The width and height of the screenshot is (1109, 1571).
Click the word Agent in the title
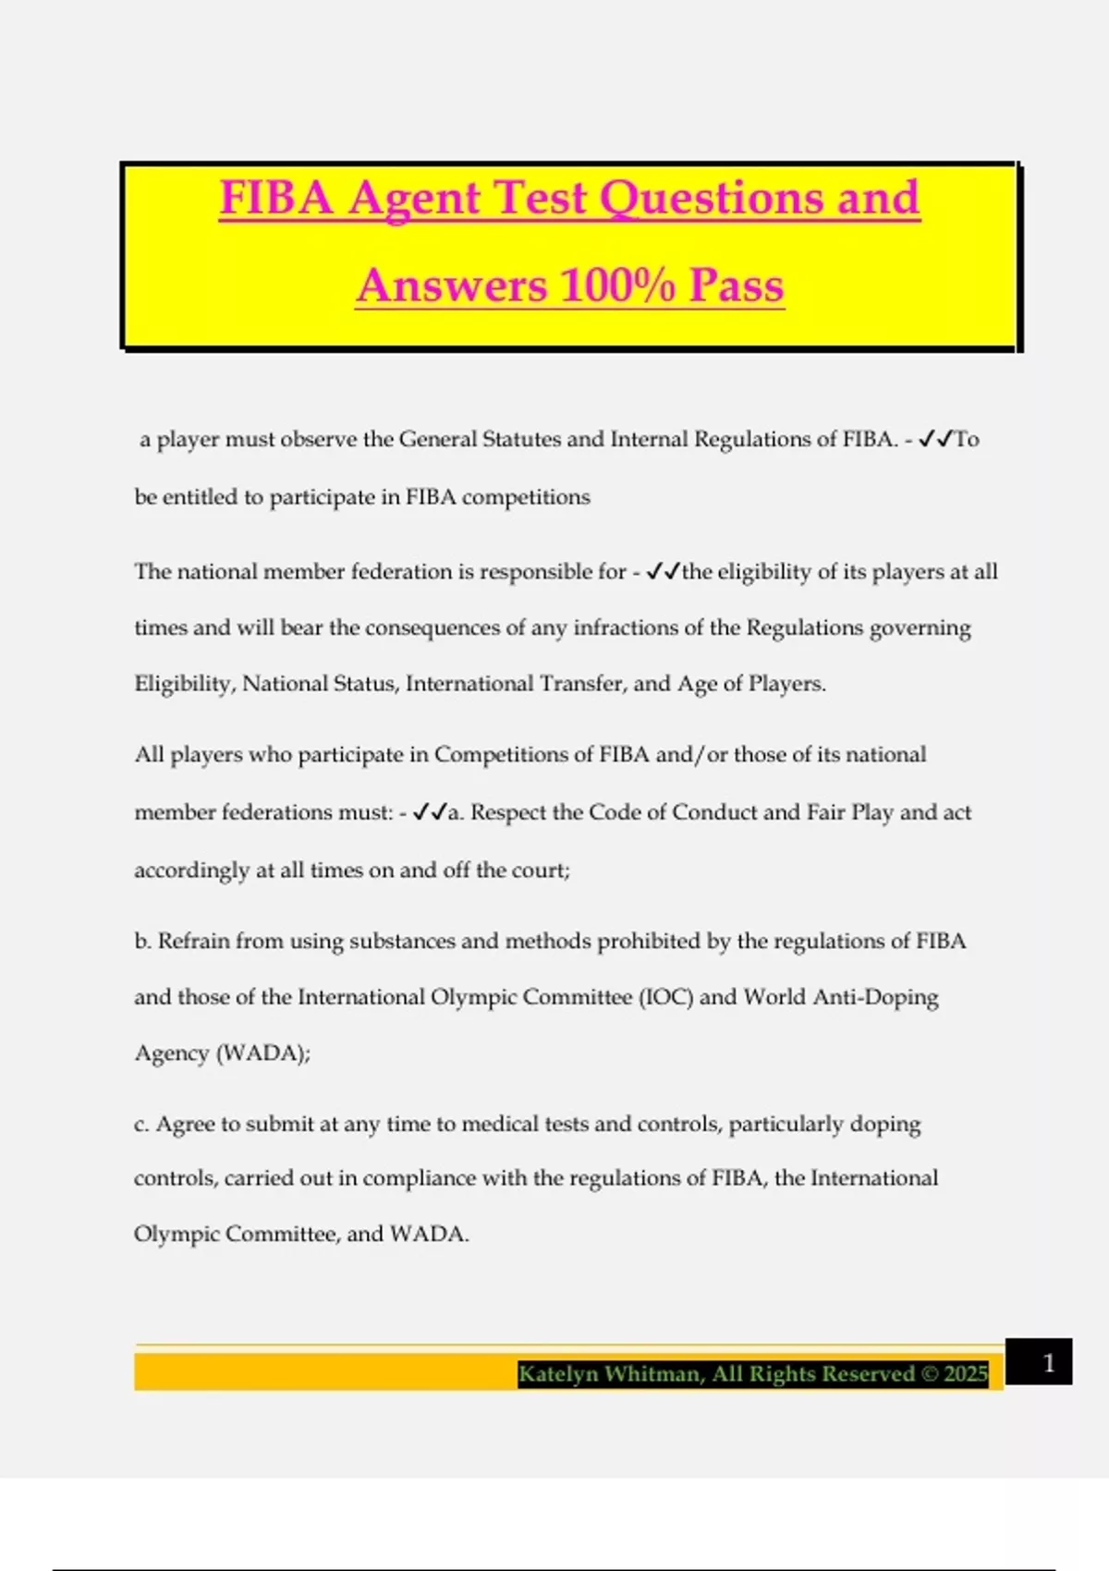coord(415,199)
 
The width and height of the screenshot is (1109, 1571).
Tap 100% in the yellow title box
coord(617,286)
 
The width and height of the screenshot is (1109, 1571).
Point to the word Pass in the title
coord(737,286)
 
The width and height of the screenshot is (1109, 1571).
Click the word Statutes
coord(521,440)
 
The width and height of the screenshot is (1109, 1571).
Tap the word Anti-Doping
coord(875,998)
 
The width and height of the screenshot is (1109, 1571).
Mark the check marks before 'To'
coord(935,439)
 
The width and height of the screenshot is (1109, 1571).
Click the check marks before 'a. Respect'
coord(430,812)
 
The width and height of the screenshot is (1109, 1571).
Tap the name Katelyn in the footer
coord(557,1374)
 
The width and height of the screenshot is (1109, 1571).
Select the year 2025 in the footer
coord(966,1374)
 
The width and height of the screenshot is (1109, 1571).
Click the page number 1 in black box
coord(1048,1362)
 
